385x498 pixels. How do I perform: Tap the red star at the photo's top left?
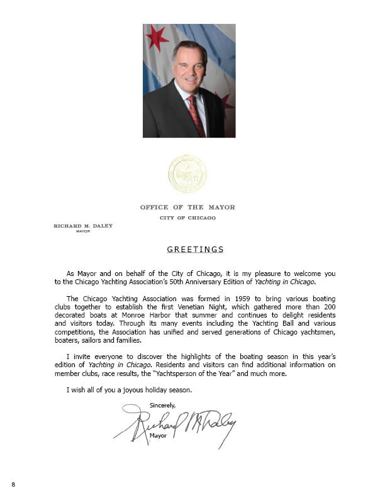157,38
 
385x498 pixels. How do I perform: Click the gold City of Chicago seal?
187,174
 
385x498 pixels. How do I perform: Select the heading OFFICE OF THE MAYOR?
187,207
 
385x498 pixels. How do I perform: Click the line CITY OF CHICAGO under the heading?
187,218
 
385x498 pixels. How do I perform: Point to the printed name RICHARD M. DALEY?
83,226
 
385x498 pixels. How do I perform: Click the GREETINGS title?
195,250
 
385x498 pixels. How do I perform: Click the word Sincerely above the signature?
163,405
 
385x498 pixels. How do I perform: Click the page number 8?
13,484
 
